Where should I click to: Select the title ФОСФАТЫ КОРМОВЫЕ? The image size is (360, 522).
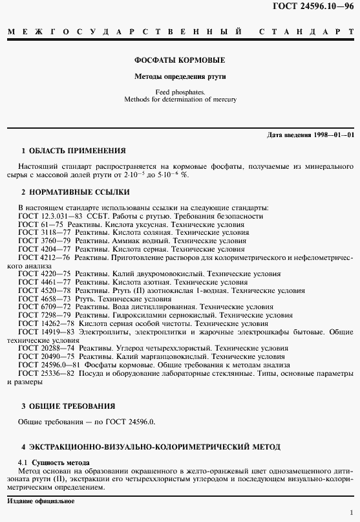pyautogui.click(x=180, y=60)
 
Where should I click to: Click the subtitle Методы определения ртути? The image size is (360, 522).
pyautogui.click(x=180, y=76)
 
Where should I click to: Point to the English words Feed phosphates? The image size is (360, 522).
pyautogui.click(x=180, y=92)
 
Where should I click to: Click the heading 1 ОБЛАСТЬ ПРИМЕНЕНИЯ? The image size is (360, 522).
pyautogui.click(x=73, y=150)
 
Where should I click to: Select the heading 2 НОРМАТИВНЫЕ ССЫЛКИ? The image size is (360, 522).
pyautogui.click(x=75, y=192)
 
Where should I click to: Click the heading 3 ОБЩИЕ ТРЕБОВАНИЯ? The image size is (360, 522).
pyautogui.click(x=68, y=406)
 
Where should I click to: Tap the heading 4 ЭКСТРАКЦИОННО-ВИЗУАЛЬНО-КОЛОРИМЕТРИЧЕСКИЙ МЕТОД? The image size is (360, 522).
pyautogui.click(x=151, y=446)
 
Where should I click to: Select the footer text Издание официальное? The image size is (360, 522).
pyautogui.click(x=40, y=501)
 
